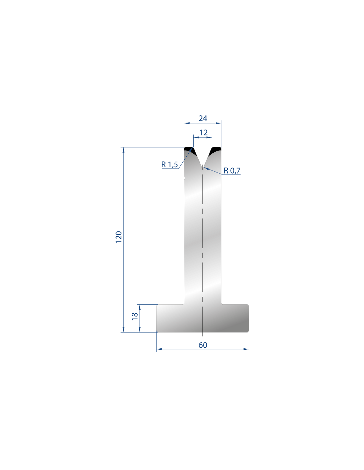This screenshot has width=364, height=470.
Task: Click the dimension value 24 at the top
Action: [x=203, y=118]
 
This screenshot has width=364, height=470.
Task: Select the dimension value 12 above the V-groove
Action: [x=203, y=132]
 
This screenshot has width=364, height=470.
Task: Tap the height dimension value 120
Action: [x=119, y=237]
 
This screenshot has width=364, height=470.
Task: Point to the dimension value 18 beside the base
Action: [x=135, y=316]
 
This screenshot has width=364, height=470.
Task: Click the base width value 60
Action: [x=203, y=345]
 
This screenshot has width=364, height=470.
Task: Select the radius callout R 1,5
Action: [x=169, y=165]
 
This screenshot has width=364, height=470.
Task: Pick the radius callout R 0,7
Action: [x=232, y=171]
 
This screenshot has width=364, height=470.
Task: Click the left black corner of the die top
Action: [x=190, y=150]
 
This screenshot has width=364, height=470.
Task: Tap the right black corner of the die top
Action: [x=215, y=150]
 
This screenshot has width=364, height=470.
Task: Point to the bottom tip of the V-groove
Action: [x=203, y=167]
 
